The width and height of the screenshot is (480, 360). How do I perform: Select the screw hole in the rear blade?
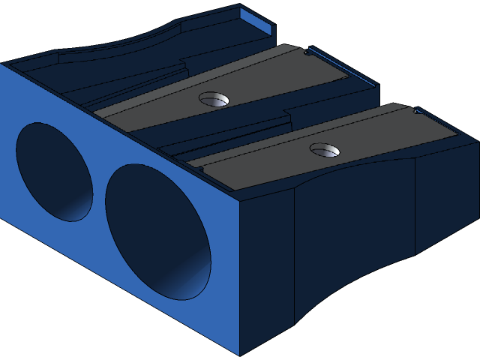214,98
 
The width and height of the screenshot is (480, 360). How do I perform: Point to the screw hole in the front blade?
324,150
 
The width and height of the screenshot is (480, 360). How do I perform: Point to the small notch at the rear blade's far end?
307,52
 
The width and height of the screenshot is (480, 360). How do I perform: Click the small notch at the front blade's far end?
418,112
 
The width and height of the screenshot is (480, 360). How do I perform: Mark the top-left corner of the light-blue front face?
2,64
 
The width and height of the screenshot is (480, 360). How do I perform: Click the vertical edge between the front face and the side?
239,277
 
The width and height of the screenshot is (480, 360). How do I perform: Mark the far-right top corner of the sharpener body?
477,139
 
